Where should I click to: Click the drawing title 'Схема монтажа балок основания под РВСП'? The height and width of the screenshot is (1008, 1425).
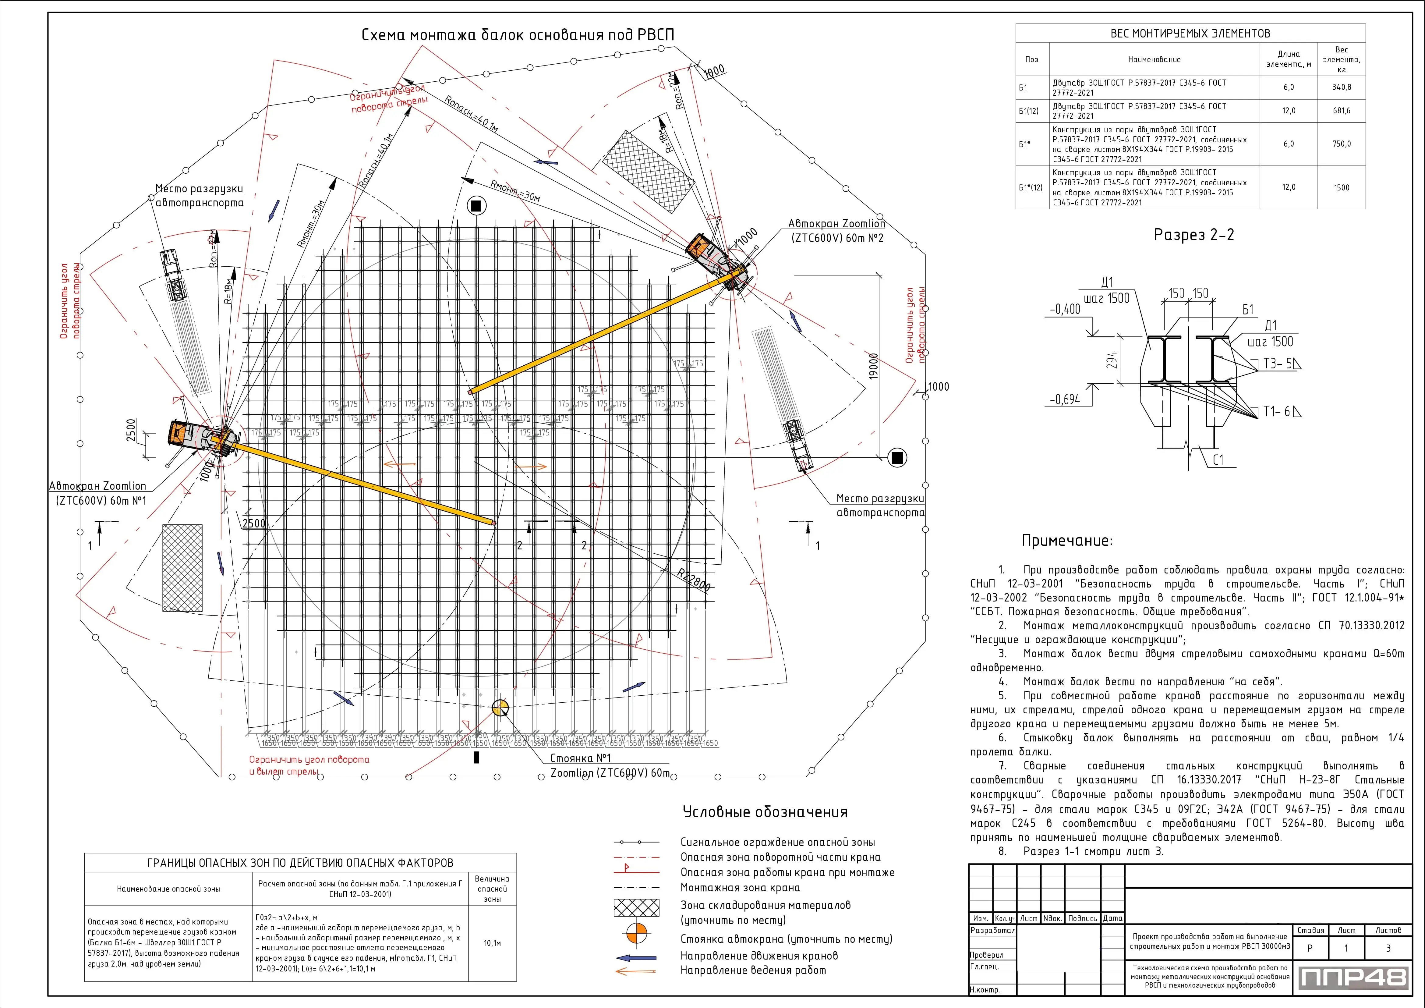point(518,35)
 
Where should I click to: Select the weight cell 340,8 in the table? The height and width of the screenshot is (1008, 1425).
point(1341,87)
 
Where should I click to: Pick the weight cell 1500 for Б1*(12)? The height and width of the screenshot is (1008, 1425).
point(1341,187)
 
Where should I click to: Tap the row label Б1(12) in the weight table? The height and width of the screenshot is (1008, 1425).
point(1028,111)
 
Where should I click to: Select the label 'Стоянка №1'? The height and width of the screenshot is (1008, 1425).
point(580,758)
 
